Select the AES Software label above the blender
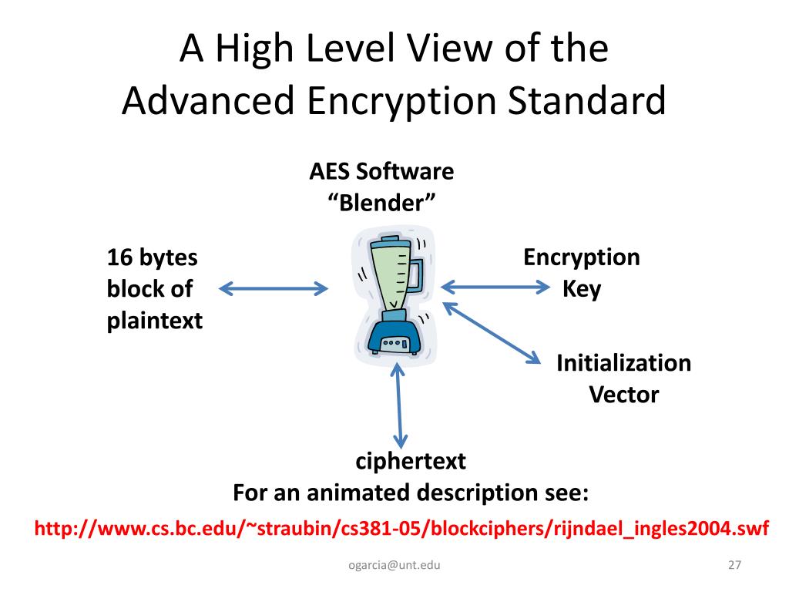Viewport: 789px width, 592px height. click(x=381, y=171)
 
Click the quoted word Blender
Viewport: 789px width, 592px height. click(x=382, y=204)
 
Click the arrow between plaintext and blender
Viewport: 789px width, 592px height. click(x=274, y=290)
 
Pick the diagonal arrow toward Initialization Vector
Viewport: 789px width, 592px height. click(x=493, y=332)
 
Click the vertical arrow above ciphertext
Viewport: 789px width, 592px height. click(x=398, y=404)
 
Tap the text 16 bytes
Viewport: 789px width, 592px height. click(x=152, y=257)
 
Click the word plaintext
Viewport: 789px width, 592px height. click(x=155, y=320)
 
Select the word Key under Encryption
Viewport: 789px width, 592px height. click(x=582, y=289)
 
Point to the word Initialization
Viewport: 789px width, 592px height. click(x=623, y=362)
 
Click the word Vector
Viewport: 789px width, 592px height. click(x=623, y=395)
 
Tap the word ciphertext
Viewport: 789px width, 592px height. click(x=411, y=461)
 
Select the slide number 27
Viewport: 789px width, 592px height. click(x=734, y=566)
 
